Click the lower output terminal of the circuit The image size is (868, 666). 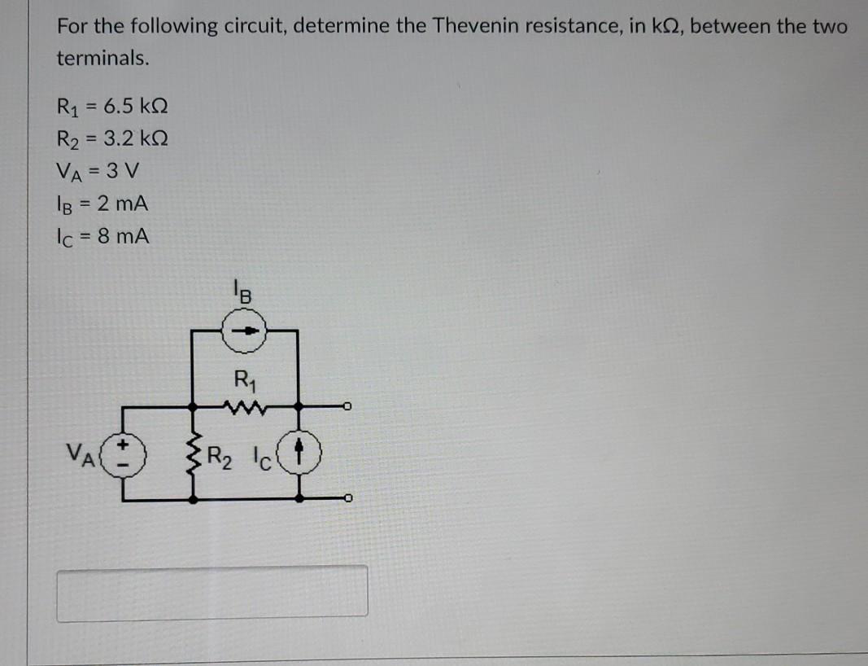[347, 498]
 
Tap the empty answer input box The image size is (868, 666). [212, 592]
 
